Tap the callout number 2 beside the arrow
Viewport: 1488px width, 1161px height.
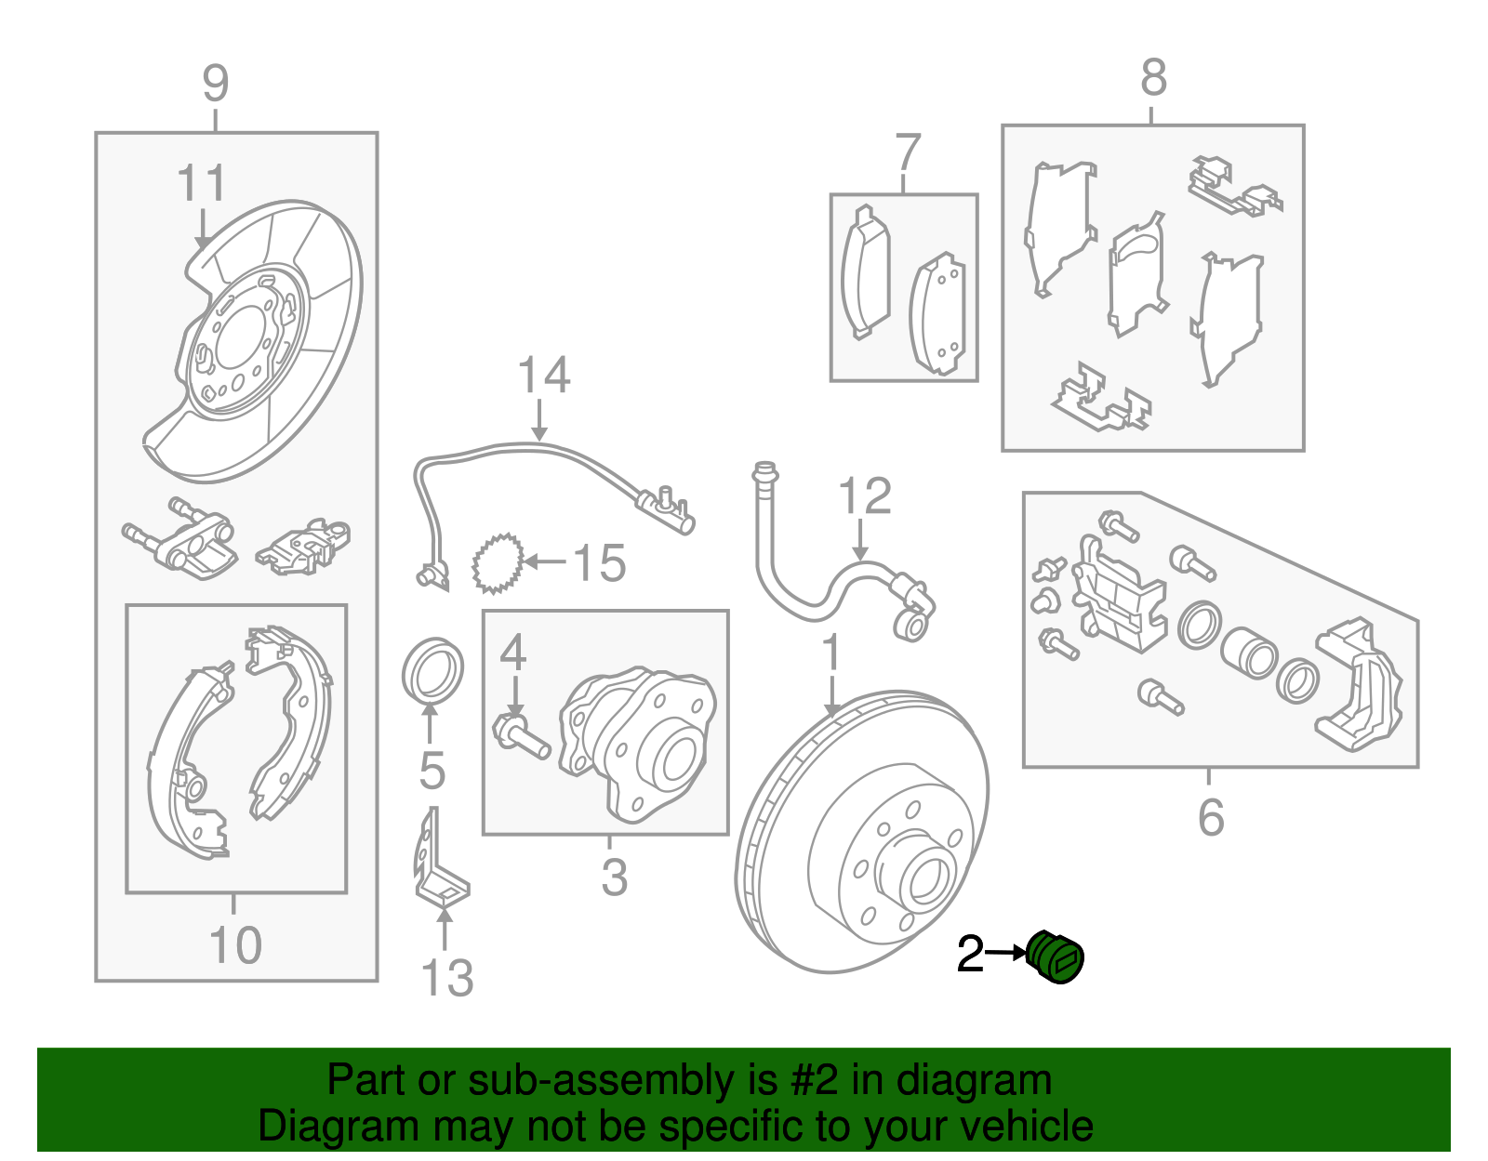coord(970,955)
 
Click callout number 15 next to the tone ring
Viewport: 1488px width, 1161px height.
coord(599,563)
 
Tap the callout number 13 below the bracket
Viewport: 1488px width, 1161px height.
coord(446,979)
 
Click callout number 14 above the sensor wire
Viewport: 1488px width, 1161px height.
coord(543,376)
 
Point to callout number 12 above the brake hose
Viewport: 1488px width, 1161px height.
coord(864,496)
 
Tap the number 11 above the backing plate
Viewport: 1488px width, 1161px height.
coord(201,183)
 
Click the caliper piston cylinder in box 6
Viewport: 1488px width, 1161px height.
coord(1248,653)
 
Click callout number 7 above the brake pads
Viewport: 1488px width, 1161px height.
coord(907,152)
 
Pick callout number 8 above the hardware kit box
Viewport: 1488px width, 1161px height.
coord(1153,78)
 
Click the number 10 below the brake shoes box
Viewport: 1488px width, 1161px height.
coord(235,946)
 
